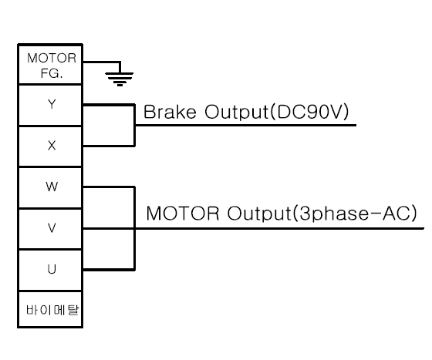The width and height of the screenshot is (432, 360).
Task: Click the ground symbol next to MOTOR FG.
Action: (x=120, y=79)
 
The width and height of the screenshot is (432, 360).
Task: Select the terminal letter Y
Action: (x=52, y=104)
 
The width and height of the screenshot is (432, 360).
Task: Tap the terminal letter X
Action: (x=52, y=146)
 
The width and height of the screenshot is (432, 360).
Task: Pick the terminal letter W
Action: (x=52, y=187)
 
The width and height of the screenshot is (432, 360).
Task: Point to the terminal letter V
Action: (x=52, y=228)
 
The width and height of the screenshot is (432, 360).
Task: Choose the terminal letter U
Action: (x=52, y=269)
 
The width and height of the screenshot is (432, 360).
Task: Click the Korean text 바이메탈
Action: (x=52, y=310)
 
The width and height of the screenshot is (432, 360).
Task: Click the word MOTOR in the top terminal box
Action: (x=52, y=59)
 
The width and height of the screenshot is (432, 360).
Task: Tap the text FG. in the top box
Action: (x=52, y=73)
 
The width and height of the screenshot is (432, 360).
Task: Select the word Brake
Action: (x=170, y=112)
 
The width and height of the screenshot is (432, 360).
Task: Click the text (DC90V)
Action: (x=309, y=112)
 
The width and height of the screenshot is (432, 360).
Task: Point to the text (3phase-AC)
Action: (x=355, y=214)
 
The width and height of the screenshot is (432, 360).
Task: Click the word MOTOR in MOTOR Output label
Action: (x=183, y=214)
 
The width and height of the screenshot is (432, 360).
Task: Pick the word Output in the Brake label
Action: (x=237, y=112)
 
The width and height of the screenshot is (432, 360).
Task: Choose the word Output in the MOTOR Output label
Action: (x=259, y=214)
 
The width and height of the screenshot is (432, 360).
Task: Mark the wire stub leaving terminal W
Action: (x=109, y=187)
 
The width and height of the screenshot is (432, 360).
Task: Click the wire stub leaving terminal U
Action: (x=109, y=270)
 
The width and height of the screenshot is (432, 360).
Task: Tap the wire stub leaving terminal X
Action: (x=109, y=146)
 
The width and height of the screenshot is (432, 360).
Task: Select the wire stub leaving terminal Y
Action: (x=109, y=105)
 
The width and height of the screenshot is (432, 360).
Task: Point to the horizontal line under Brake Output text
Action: (x=245, y=125)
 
